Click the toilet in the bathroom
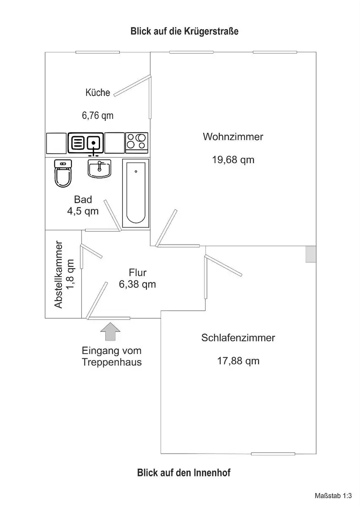(x=63, y=173)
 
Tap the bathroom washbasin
(x=100, y=169)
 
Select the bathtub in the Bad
(x=135, y=193)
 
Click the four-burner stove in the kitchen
(x=137, y=143)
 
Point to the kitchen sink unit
(x=86, y=143)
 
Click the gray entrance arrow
(x=110, y=331)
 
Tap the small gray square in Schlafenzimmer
(x=311, y=254)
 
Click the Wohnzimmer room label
(x=233, y=137)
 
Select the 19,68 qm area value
(x=233, y=160)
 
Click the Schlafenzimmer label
(x=238, y=338)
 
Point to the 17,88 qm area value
(x=238, y=361)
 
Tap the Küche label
(x=97, y=92)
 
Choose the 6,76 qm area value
(x=97, y=116)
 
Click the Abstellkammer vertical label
(x=58, y=275)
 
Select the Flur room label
(x=138, y=272)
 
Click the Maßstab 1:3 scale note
(x=333, y=496)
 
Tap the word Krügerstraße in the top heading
(x=211, y=31)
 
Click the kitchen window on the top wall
(x=97, y=52)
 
